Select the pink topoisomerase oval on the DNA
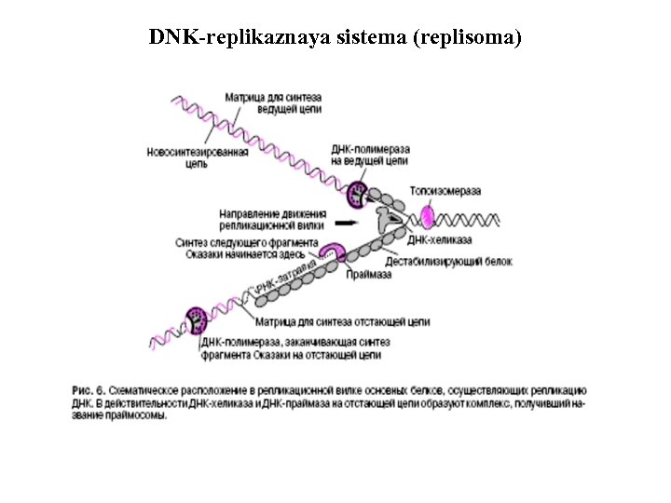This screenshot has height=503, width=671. (x=427, y=216)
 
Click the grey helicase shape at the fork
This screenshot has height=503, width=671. (x=384, y=222)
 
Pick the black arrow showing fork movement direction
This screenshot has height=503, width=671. (x=345, y=224)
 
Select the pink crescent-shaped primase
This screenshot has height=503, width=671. (x=335, y=253)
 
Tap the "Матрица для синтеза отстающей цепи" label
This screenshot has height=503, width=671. (x=343, y=322)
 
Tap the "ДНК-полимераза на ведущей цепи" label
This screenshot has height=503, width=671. (x=370, y=155)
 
